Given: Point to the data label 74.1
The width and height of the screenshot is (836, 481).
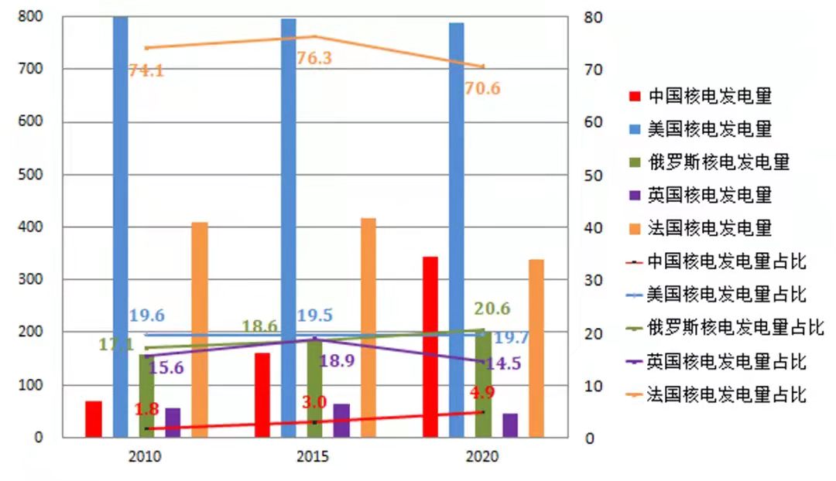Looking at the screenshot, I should [x=146, y=70].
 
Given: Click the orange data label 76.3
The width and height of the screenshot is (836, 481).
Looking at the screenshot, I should [x=314, y=58].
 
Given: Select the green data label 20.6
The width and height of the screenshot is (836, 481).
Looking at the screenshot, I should [x=492, y=309].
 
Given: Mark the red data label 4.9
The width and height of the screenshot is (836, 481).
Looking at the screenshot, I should [x=482, y=393].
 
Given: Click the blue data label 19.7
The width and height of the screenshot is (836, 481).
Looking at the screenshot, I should [x=512, y=337].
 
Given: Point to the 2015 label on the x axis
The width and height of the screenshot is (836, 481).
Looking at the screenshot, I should [x=313, y=457].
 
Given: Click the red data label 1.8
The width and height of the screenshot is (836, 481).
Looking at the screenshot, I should [x=146, y=409].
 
